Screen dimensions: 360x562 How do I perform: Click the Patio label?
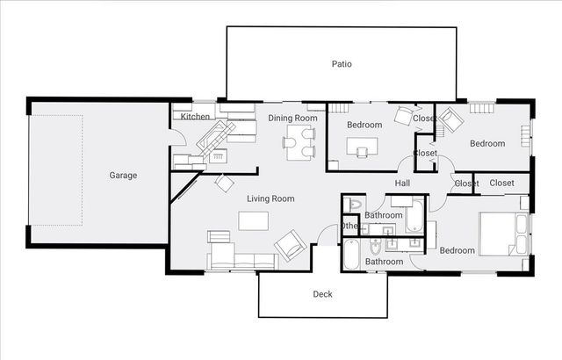pos(342,64)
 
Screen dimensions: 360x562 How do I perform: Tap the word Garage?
pos(123,176)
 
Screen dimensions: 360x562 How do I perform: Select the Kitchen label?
pos(195,117)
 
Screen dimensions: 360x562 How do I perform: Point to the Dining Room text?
pos(292,118)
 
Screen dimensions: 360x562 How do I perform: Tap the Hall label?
pos(403,184)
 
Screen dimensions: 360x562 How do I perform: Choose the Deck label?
pos(322,295)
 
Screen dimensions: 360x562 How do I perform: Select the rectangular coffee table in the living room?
pos(255,220)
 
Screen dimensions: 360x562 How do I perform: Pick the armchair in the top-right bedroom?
pos(450,119)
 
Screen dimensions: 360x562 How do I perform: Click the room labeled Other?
pos(350,226)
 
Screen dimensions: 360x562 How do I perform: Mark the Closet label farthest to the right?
pos(501,183)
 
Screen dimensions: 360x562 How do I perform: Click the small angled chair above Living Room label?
pos(224,183)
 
